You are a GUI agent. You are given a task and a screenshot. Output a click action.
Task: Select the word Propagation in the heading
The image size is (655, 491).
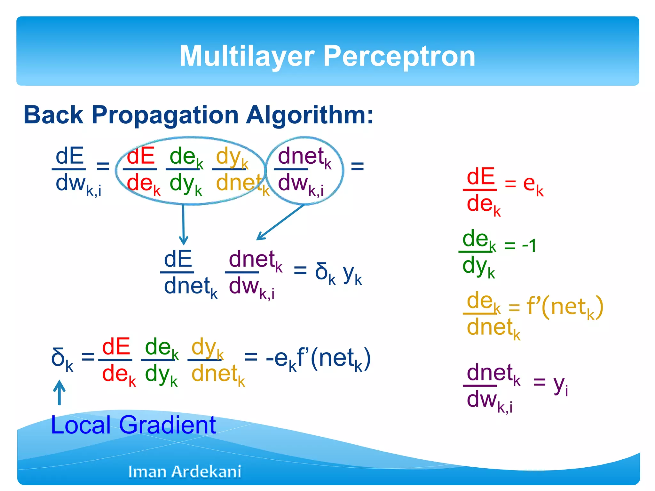[165, 115]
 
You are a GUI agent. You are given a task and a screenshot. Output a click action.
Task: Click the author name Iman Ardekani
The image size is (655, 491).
[185, 472]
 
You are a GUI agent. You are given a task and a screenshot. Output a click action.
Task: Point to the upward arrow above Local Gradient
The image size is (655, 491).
[59, 392]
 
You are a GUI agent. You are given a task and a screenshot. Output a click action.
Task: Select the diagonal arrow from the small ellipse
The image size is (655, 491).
[280, 222]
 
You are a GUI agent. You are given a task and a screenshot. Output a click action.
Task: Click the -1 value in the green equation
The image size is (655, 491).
[529, 245]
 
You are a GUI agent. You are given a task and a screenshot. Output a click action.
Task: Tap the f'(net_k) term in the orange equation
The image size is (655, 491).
[564, 307]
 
